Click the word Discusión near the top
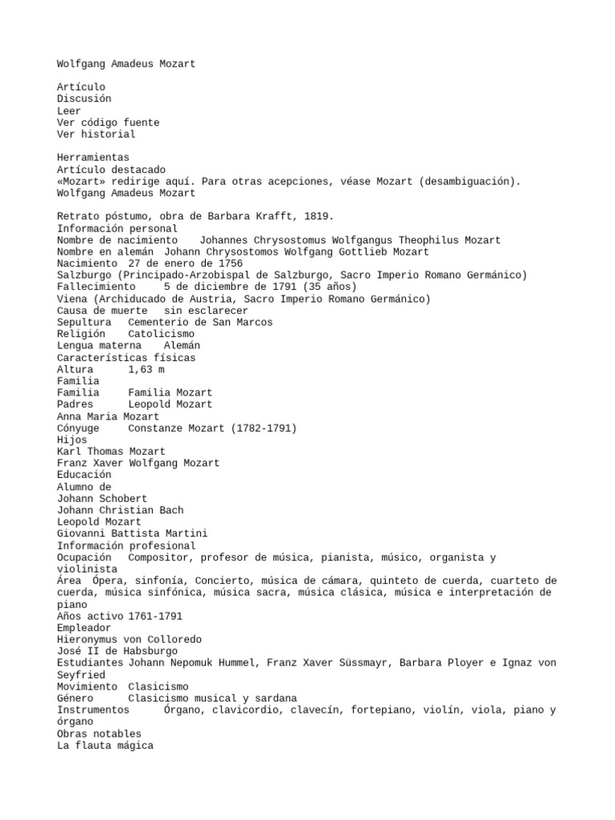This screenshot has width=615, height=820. (84, 98)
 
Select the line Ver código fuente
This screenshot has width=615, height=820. (108, 123)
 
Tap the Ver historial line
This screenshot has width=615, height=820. (96, 135)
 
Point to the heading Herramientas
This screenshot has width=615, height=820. (93, 158)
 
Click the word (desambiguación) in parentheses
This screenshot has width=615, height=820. (468, 181)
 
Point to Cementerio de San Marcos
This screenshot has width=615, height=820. (200, 322)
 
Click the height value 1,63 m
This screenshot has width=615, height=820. (147, 369)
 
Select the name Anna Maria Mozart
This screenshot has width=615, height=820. (108, 416)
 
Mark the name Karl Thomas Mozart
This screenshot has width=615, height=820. (111, 452)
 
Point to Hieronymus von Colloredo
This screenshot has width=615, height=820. (129, 639)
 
